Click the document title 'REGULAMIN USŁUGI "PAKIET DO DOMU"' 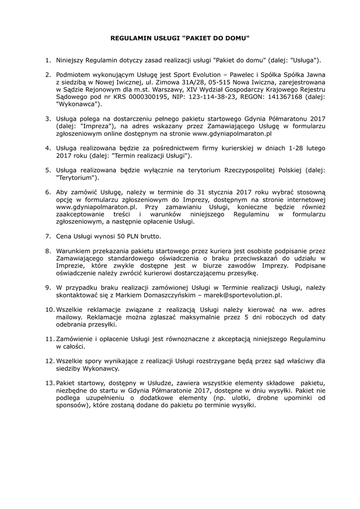pyautogui.click(x=180, y=38)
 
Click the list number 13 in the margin pyautogui.click(x=50, y=383)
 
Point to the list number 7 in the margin pyautogui.click(x=48, y=236)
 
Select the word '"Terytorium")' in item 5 pyautogui.click(x=77, y=177)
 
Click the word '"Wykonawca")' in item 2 pyautogui.click(x=79, y=105)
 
